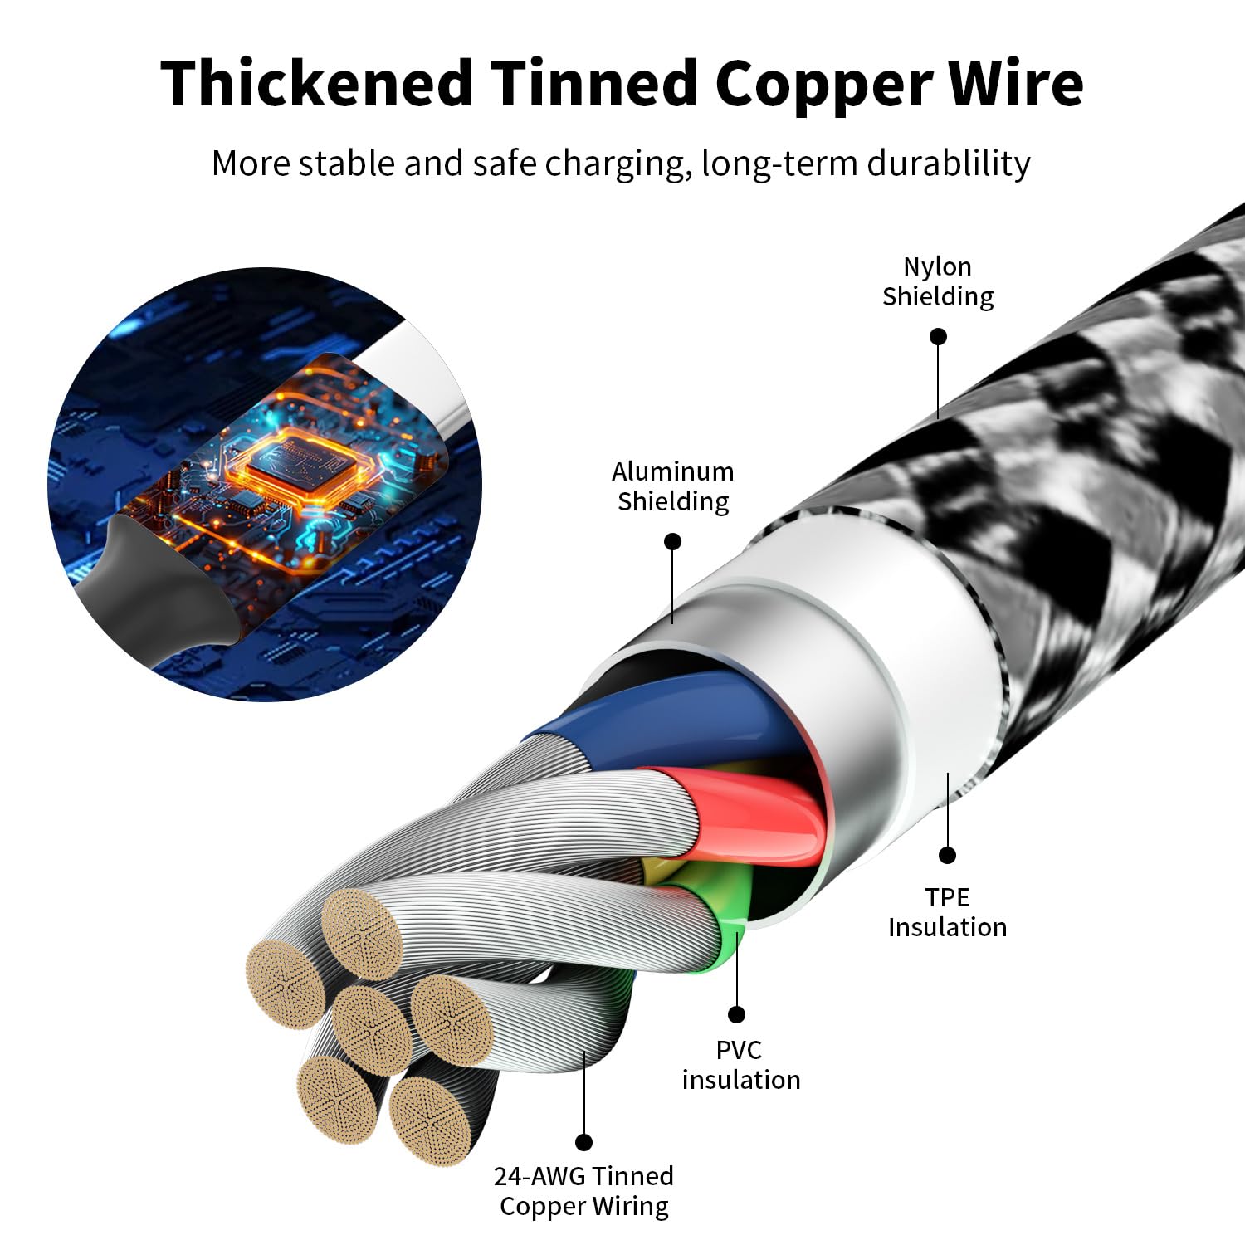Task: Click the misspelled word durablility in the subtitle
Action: click(x=948, y=164)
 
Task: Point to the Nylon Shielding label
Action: click(x=938, y=281)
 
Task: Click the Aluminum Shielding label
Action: click(x=673, y=486)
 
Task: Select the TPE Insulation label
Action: click(x=947, y=912)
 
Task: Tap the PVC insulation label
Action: click(x=740, y=1065)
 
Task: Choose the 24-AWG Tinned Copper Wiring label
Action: click(x=584, y=1191)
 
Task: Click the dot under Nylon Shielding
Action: click(x=938, y=336)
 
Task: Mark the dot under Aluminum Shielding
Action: click(x=673, y=541)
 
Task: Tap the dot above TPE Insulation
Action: click(x=947, y=855)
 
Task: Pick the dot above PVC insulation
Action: click(x=736, y=1014)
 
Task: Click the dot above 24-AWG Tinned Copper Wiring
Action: click(x=584, y=1142)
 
